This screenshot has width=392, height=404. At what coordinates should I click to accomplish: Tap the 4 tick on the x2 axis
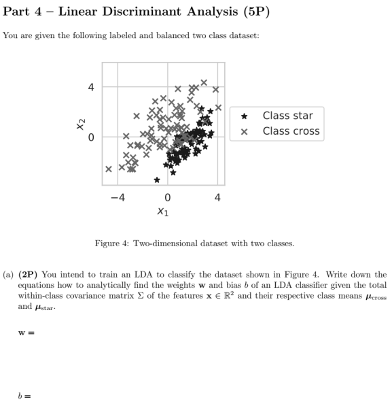(90, 87)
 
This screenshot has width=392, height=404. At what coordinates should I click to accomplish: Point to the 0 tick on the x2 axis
(90, 138)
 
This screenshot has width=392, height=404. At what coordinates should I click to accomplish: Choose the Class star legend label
(288, 116)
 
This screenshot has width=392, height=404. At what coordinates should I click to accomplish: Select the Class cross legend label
(291, 131)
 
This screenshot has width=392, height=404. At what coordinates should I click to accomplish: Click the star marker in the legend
(244, 116)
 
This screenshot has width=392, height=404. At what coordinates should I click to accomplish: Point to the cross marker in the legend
(244, 132)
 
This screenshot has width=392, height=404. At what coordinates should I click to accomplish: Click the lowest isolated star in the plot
(157, 180)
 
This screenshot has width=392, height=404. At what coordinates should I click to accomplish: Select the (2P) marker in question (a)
(30, 275)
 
